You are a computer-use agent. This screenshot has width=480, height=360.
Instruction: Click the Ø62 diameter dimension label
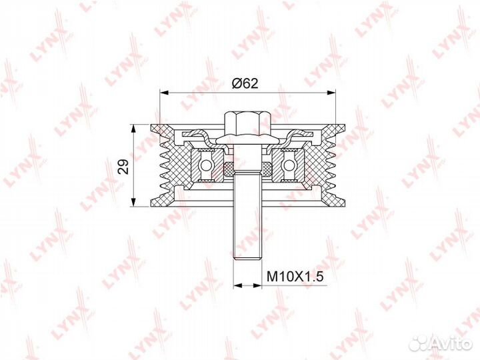(245, 83)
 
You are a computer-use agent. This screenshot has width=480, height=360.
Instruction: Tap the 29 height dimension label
(124, 167)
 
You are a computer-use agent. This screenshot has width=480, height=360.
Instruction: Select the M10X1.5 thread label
(295, 277)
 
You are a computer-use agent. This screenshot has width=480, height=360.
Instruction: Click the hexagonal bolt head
(247, 124)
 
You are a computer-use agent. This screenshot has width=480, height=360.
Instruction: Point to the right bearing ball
(289, 165)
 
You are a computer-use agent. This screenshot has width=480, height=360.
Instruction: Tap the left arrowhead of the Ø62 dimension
(165, 92)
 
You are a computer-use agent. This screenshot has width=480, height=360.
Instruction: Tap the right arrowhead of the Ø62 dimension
(331, 92)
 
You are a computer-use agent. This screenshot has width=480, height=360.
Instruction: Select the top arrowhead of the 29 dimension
(133, 129)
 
